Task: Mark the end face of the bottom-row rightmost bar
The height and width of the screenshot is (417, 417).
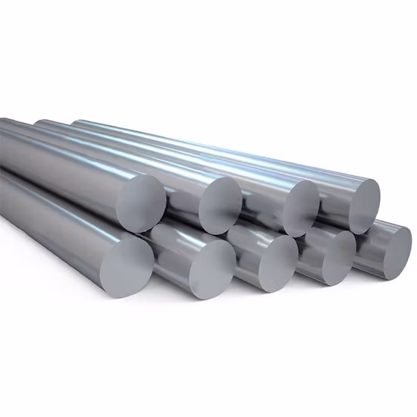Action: pyautogui.click(x=387, y=249)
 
